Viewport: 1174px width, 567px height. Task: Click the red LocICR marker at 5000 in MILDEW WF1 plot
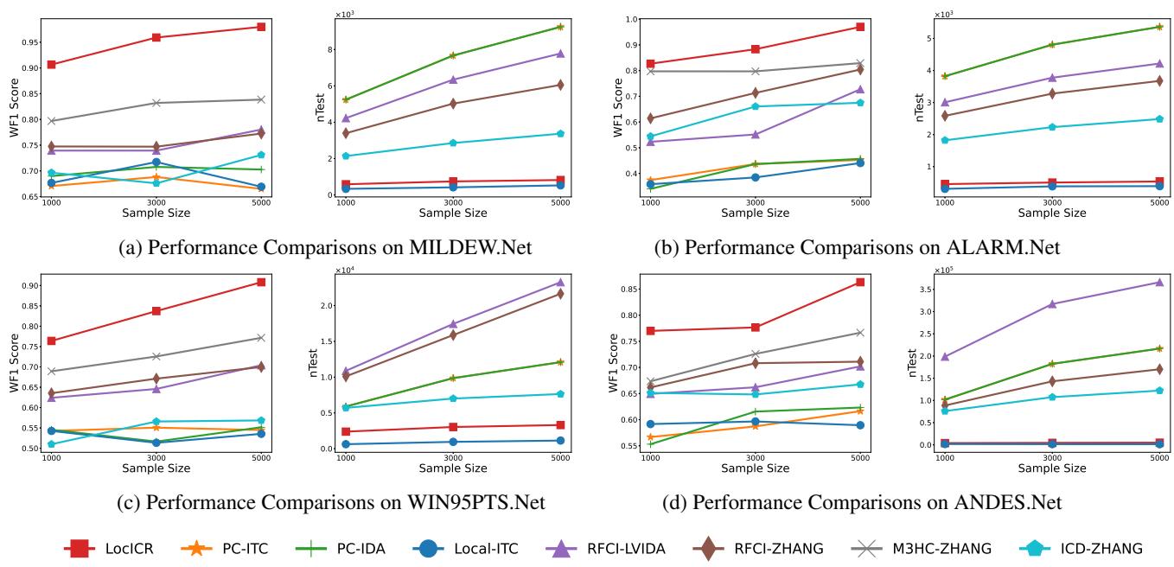pos(261,27)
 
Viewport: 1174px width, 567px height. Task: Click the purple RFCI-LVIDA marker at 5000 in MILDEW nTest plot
pos(560,54)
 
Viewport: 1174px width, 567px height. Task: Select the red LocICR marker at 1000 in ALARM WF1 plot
pos(650,64)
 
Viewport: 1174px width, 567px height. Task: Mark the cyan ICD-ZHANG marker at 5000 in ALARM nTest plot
pos(1158,118)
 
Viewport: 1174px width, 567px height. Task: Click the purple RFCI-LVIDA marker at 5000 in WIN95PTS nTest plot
pos(560,283)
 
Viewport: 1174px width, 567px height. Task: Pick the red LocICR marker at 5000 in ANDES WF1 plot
pos(860,282)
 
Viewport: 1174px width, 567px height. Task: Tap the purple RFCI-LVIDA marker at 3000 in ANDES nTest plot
pos(1052,304)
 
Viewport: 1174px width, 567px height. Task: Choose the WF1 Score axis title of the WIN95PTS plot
pos(13,361)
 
